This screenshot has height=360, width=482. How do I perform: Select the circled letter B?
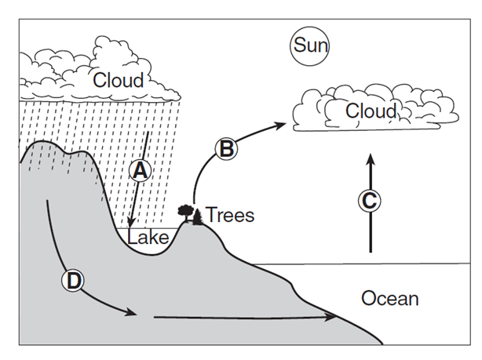(226, 147)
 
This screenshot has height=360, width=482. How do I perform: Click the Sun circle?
(309, 45)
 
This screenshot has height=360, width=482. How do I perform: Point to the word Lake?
(148, 238)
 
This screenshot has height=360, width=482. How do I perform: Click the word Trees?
(230, 215)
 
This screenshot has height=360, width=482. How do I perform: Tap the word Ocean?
(389, 299)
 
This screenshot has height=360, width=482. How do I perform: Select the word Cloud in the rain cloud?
(119, 80)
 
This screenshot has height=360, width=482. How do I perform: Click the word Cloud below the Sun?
(371, 111)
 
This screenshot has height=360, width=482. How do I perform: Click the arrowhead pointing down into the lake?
(133, 225)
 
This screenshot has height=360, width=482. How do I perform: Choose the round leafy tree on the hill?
(186, 211)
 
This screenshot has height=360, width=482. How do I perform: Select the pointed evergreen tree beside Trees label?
(196, 216)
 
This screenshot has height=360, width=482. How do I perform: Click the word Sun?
(309, 45)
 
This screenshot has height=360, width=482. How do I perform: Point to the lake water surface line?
(149, 228)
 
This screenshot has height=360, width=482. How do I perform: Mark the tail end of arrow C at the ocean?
(371, 251)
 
